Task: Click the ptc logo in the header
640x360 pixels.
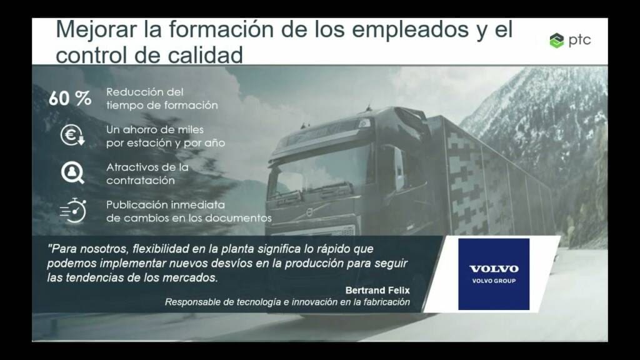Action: [570, 41]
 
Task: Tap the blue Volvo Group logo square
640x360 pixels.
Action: [494, 274]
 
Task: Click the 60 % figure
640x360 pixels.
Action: [70, 98]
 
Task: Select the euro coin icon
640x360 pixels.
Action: [72, 135]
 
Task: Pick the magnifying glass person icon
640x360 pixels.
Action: [72, 172]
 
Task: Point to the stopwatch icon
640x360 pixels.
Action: [74, 211]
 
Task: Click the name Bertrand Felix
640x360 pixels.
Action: [377, 290]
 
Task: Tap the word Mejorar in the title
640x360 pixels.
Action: [96, 30]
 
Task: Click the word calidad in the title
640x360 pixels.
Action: [205, 55]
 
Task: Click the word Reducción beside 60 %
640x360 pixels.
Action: [145, 92]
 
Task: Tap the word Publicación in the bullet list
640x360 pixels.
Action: [136, 204]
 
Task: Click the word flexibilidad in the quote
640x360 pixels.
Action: [161, 249]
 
